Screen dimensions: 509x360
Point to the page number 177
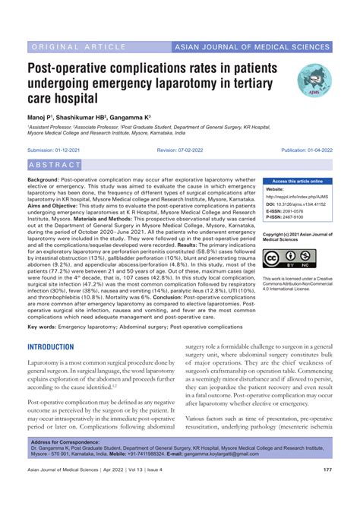click(x=327, y=491)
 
